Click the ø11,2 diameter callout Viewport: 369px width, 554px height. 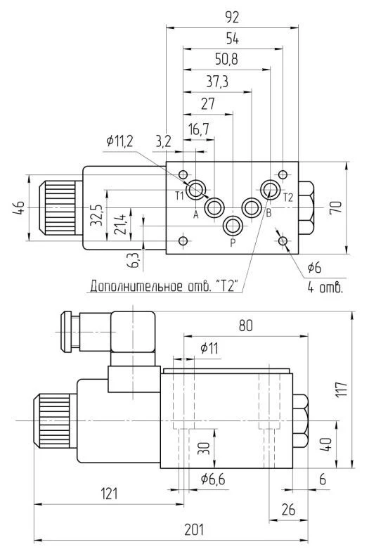[119, 141]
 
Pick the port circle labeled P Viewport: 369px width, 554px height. [233, 226]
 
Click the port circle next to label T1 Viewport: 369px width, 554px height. [198, 189]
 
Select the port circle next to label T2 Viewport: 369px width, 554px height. [271, 189]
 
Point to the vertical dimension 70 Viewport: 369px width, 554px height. [335, 207]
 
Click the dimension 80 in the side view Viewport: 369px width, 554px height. [245, 326]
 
